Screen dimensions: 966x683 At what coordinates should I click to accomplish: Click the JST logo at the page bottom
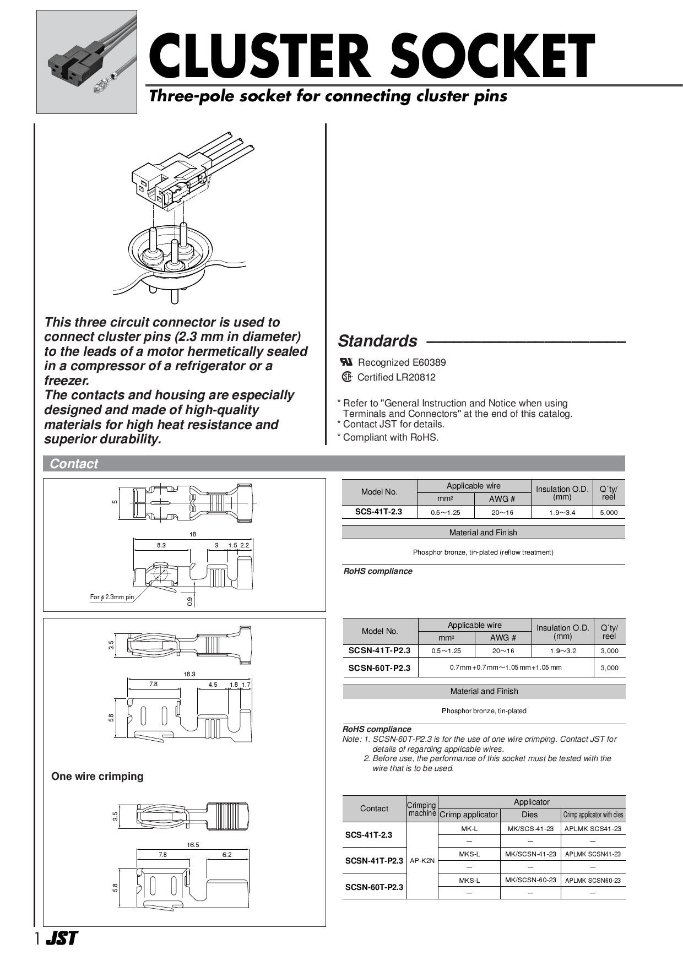[62, 938]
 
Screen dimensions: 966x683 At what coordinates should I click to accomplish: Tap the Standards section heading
[378, 341]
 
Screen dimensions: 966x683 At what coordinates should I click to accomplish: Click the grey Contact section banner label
[74, 464]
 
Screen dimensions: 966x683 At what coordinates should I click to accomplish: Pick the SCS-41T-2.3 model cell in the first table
[378, 512]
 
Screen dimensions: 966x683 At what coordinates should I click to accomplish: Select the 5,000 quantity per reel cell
[609, 512]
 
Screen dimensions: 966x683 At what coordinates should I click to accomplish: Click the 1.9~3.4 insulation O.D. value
[562, 512]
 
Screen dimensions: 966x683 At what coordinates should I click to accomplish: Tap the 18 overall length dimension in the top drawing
[193, 534]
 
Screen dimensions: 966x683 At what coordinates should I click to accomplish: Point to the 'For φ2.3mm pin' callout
[112, 597]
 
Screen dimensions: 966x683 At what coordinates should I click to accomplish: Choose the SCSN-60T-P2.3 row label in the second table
[380, 667]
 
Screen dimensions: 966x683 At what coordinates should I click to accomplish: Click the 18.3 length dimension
[189, 674]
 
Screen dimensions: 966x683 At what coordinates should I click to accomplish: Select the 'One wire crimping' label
[97, 777]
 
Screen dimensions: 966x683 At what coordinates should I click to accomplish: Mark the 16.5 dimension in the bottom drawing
[193, 844]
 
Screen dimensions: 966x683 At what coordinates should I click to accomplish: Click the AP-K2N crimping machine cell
[422, 860]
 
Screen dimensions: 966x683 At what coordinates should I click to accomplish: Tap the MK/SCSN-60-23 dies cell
[530, 880]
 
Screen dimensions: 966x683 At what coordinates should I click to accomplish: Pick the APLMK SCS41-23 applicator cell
[593, 828]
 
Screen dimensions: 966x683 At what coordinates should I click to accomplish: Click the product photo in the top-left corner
[86, 62]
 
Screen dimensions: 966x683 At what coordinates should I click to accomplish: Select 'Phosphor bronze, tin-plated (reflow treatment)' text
[483, 552]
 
